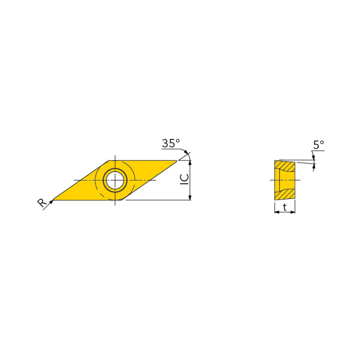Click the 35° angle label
[x=171, y=143]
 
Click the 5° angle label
[x=319, y=145]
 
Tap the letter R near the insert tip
[x=42, y=203]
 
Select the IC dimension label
[x=184, y=180]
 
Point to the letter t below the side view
[x=285, y=207]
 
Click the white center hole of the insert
[x=115, y=180]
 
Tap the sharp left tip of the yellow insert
[x=53, y=200]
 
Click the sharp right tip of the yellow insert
[x=177, y=161]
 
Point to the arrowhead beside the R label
[x=52, y=201]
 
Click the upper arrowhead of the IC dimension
[x=190, y=163]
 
